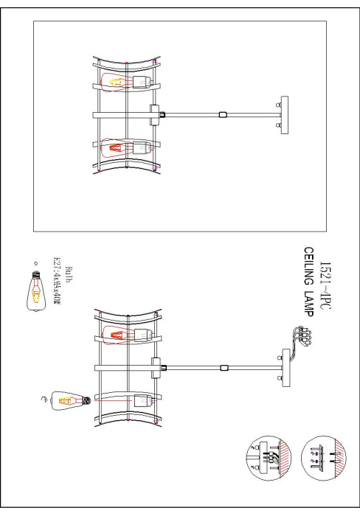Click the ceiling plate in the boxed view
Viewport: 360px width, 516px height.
[283, 114]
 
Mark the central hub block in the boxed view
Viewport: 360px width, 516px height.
[156, 114]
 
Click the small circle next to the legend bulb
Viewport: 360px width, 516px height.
[34, 263]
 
